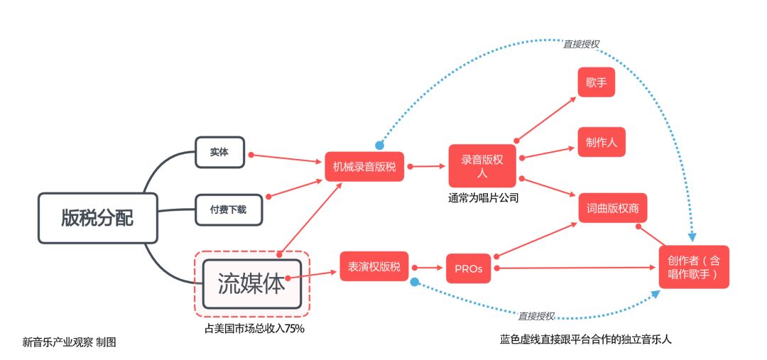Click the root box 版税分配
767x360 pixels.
click(97, 218)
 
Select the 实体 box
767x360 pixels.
click(219, 152)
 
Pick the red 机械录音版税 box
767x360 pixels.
click(364, 167)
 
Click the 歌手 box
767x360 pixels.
click(596, 83)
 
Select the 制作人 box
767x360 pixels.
click(602, 143)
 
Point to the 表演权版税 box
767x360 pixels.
click(374, 267)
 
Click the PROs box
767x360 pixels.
click(469, 268)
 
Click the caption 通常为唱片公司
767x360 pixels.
click(483, 198)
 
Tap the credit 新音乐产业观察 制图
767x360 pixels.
click(69, 342)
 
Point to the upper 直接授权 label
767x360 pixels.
click(581, 43)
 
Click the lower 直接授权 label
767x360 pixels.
click(536, 316)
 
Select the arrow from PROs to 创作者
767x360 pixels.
click(575, 268)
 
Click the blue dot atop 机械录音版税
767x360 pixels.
click(380, 145)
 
